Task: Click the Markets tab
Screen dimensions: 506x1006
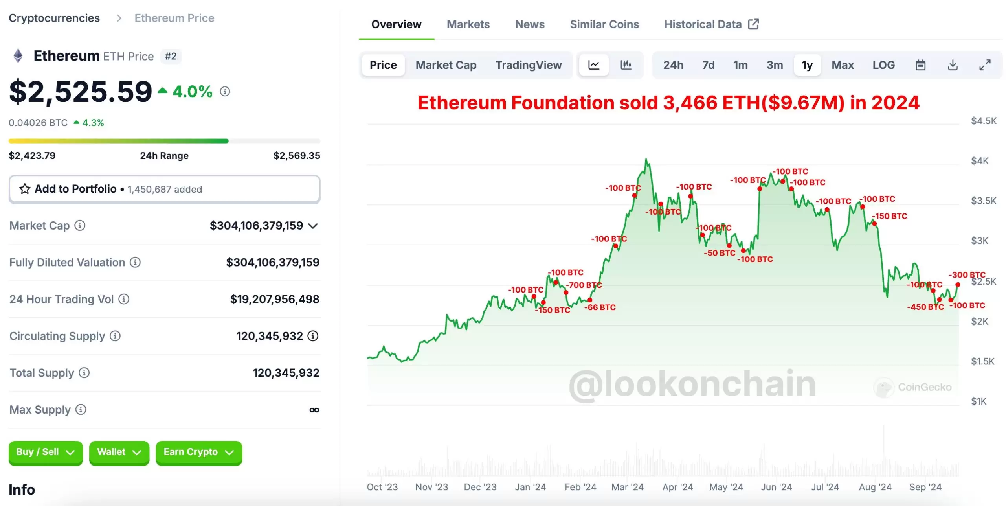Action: pyautogui.click(x=468, y=24)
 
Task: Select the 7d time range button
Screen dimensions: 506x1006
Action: pyautogui.click(x=708, y=65)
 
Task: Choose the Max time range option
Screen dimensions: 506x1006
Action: pyautogui.click(x=842, y=65)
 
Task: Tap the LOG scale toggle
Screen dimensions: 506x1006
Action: pyautogui.click(x=883, y=65)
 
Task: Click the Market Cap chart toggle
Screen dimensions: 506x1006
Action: pyautogui.click(x=446, y=65)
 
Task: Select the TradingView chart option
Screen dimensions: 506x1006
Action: pyautogui.click(x=528, y=65)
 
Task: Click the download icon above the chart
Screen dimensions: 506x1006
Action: pyautogui.click(x=953, y=65)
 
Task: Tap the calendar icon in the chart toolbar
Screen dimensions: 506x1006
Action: pyautogui.click(x=920, y=65)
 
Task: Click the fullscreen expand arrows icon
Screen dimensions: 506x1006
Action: pyautogui.click(x=985, y=65)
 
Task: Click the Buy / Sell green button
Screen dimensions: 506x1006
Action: pyautogui.click(x=45, y=452)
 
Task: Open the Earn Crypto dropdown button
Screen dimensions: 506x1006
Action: pyautogui.click(x=198, y=452)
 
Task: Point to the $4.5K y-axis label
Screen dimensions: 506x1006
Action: pyautogui.click(x=983, y=121)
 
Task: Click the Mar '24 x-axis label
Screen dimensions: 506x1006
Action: pyautogui.click(x=627, y=487)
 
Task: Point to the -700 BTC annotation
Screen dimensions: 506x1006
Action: pyautogui.click(x=584, y=285)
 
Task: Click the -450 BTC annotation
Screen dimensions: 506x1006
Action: pyautogui.click(x=925, y=307)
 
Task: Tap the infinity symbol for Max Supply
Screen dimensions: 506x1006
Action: pyautogui.click(x=314, y=410)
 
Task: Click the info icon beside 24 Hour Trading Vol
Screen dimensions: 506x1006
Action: pyautogui.click(x=124, y=299)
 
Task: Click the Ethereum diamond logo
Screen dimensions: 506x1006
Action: pyautogui.click(x=18, y=55)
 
